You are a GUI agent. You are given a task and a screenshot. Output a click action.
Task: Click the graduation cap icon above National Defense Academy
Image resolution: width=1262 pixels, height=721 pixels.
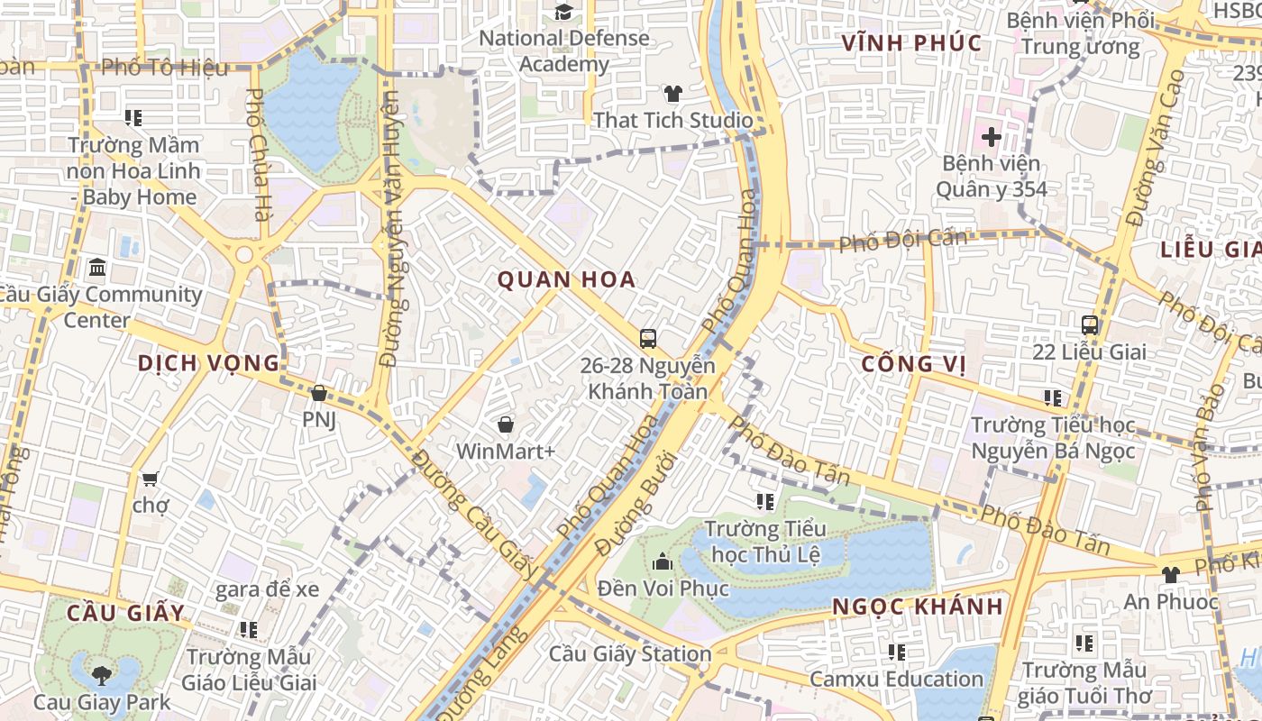[x=564, y=12]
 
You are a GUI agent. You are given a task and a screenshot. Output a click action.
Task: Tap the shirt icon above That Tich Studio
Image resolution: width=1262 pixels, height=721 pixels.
[x=672, y=94]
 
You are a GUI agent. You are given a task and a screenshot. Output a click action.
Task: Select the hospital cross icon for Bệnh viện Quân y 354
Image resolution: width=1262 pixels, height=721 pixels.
[x=991, y=137]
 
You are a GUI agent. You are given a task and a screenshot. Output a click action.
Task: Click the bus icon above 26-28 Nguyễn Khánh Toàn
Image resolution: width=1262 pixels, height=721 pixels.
[x=647, y=339]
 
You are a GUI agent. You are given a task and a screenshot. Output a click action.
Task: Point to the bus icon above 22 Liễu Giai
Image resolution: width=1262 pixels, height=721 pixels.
[x=1089, y=324]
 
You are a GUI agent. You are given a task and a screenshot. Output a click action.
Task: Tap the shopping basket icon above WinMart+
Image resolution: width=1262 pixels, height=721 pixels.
[x=505, y=424]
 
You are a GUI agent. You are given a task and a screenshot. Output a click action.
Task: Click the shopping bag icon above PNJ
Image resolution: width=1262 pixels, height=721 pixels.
[x=318, y=393]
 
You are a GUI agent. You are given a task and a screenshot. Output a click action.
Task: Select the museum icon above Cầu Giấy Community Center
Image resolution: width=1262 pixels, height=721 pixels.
[x=97, y=268]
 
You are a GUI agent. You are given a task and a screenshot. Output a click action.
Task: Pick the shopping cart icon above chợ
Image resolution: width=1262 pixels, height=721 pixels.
[x=150, y=479]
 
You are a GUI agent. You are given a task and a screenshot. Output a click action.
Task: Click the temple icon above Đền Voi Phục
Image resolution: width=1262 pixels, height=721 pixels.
[x=663, y=561]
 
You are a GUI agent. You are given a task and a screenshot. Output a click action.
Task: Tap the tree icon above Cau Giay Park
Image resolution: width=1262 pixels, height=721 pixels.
[x=101, y=674]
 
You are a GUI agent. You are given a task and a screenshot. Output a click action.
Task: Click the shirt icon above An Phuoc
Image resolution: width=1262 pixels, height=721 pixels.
[x=1170, y=574]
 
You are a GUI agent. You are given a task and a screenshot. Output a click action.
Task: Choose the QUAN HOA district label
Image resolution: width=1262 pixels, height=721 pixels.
[x=567, y=279]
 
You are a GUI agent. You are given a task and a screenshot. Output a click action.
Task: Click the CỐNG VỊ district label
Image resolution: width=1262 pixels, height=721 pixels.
[x=913, y=363]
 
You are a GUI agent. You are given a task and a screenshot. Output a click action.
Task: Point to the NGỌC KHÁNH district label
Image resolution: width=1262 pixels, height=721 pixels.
[x=918, y=607]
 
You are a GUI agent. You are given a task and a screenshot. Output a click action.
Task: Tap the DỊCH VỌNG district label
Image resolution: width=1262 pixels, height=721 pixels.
[x=208, y=363]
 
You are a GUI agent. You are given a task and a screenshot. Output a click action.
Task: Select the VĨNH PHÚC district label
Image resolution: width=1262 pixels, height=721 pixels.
[x=911, y=43]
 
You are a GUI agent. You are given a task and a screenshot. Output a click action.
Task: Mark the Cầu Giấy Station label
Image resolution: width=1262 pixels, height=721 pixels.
[x=630, y=654]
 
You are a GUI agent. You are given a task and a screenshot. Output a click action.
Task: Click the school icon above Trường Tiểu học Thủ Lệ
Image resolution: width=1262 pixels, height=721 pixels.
[x=765, y=501]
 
